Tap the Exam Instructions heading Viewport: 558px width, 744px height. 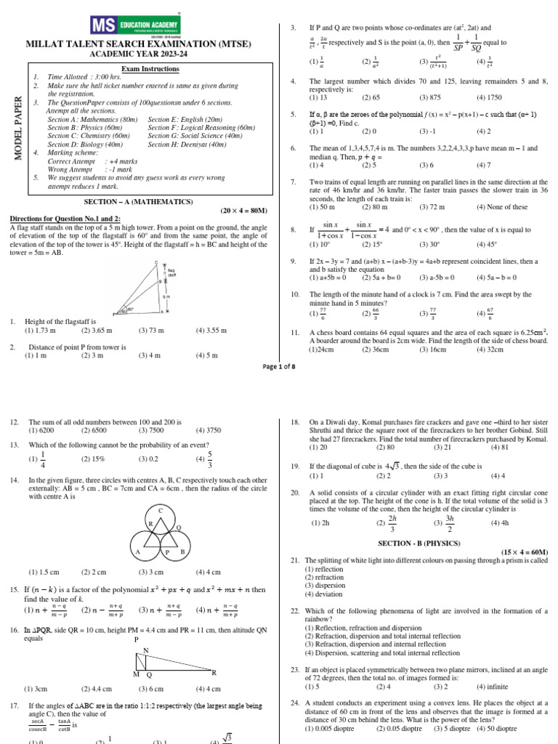click(150, 68)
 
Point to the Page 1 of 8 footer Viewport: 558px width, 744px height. click(279, 367)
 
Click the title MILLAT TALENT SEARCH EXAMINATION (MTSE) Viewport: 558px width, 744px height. click(149, 44)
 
